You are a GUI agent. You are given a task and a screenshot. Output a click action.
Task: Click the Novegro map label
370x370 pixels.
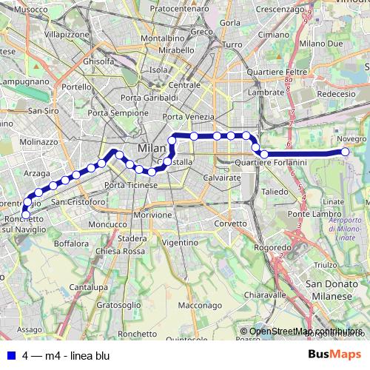(351, 139)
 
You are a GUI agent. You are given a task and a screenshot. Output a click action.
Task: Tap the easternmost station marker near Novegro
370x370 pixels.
(345, 152)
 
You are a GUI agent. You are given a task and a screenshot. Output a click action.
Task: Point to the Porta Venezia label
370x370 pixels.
(188, 117)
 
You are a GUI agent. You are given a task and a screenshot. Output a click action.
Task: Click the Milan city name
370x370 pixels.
(152, 149)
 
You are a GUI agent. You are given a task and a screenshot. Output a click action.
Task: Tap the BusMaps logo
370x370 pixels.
(334, 355)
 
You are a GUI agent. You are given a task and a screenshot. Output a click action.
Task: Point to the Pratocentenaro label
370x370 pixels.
(180, 9)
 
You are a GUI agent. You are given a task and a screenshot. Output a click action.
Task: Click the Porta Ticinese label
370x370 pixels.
(132, 184)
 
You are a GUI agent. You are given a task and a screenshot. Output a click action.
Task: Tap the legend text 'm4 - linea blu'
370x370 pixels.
(77, 356)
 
